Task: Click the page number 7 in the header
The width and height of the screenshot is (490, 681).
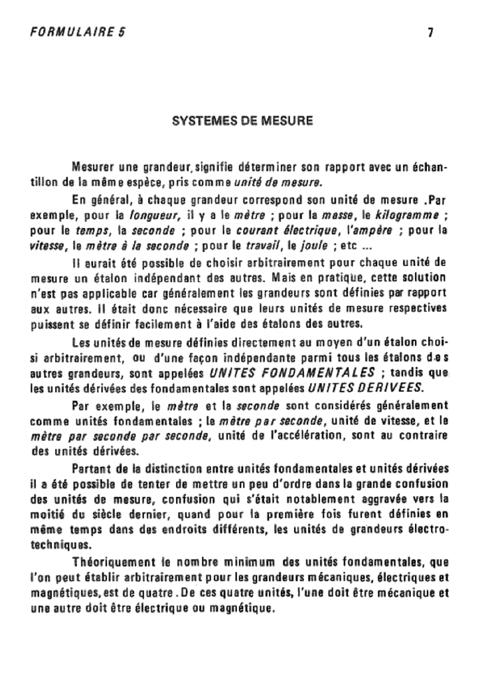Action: click(x=430, y=31)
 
